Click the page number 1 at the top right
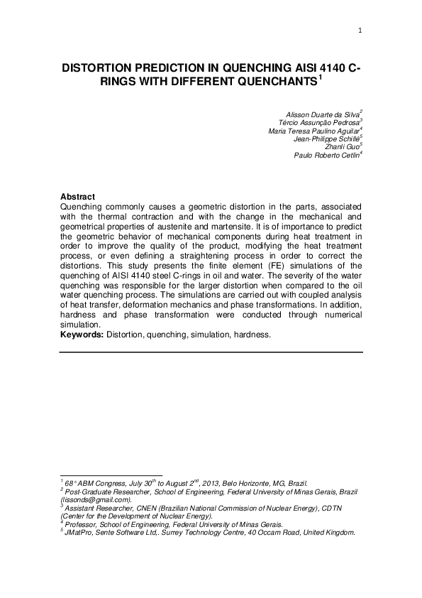tap(360, 30)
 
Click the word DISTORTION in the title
tap(104, 69)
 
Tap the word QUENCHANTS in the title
tap(274, 83)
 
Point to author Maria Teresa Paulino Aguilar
tap(313, 131)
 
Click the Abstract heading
tap(78, 196)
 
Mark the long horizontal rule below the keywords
tap(211, 352)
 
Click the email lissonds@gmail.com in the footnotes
tap(96, 500)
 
